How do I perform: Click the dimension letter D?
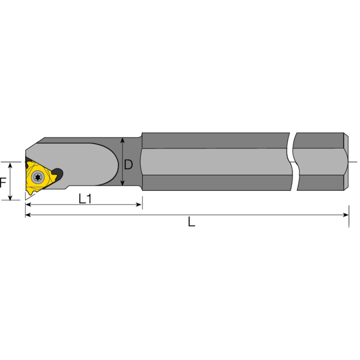pos(128,165)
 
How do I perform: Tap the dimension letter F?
pos(3,182)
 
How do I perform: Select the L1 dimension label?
pos(85,198)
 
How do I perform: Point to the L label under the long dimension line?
pos(192,222)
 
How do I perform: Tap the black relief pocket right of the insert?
pos(58,173)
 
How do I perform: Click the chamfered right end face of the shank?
pos(347,161)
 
